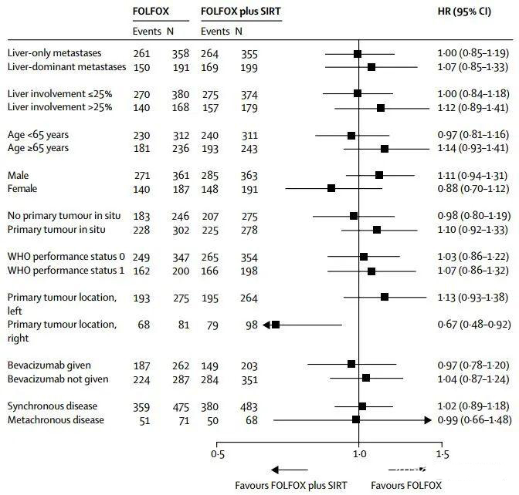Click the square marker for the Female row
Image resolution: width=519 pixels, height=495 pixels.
331,188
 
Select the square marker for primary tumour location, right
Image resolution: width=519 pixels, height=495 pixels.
275,325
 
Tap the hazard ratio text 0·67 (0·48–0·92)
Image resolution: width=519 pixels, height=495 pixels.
473,325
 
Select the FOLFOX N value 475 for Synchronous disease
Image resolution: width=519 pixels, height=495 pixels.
180,406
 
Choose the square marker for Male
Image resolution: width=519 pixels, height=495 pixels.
379,175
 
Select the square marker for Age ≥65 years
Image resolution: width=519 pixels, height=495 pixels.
385,148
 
